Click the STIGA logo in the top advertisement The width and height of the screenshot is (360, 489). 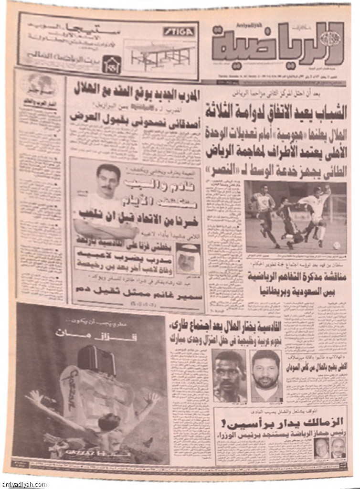[x=179, y=32]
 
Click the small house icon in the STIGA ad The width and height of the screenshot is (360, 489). [x=111, y=63]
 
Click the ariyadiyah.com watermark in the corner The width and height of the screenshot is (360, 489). [x=24, y=484]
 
